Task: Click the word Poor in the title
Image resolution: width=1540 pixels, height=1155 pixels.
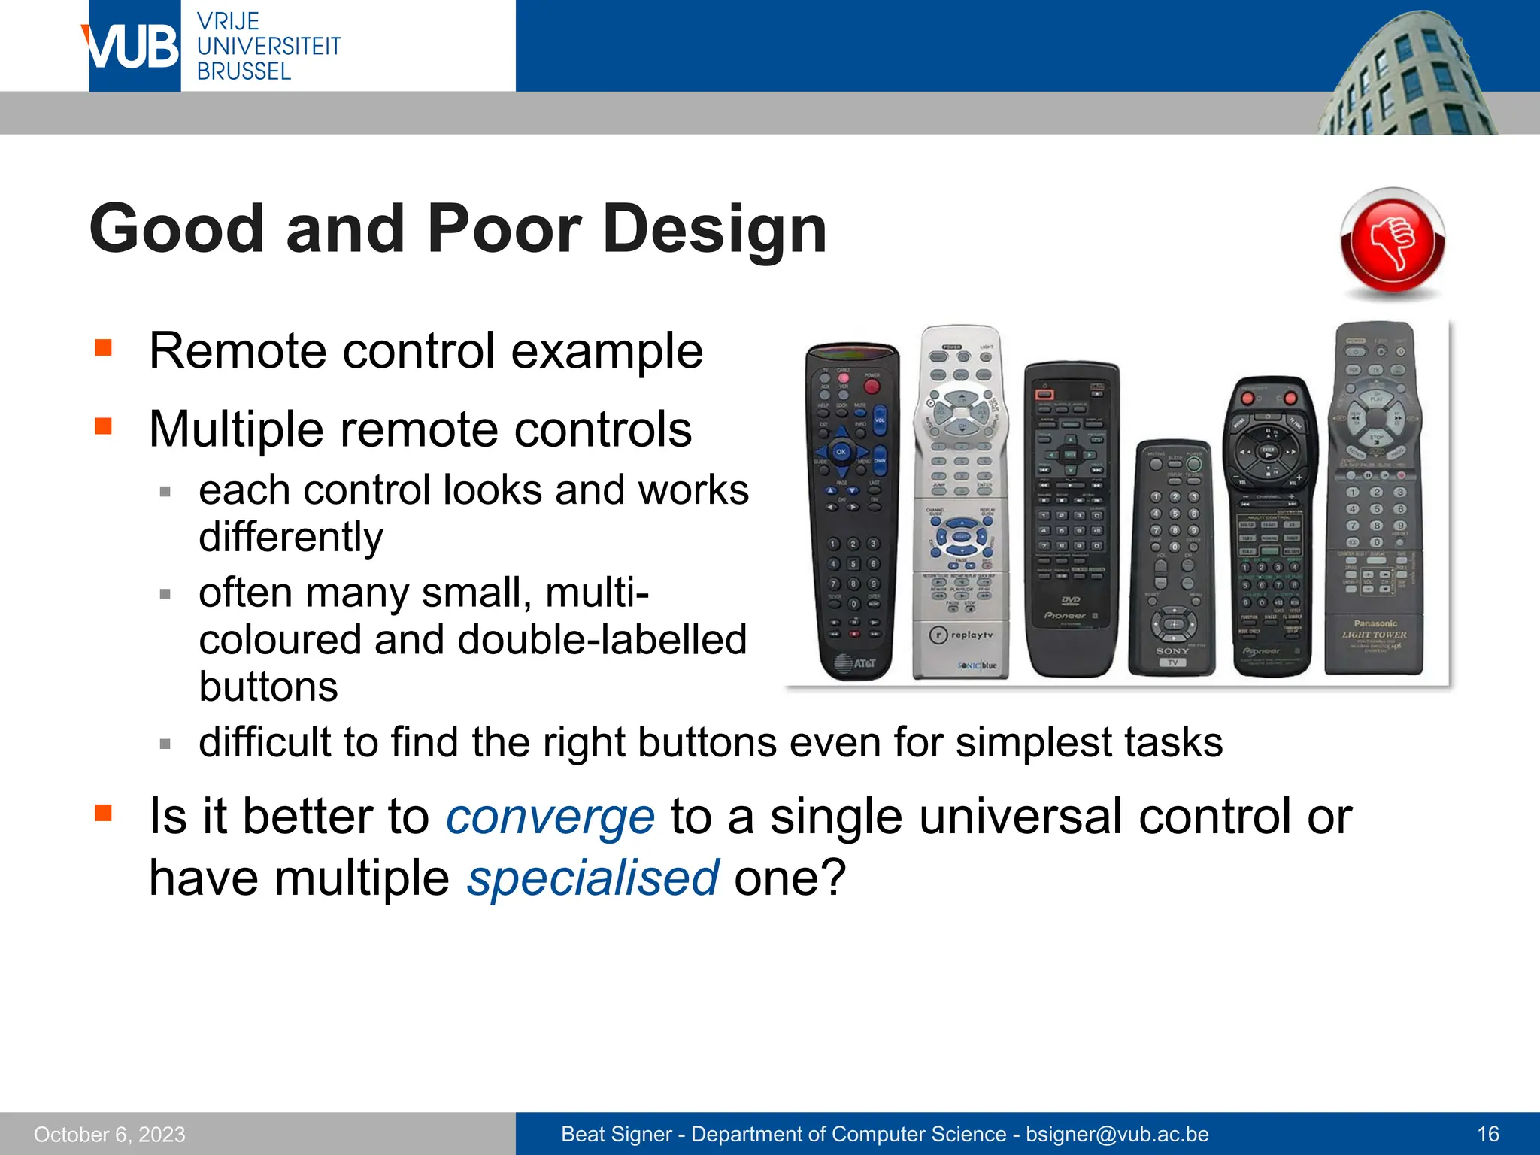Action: (505, 229)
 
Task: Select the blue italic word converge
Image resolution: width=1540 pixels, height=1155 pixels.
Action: (550, 817)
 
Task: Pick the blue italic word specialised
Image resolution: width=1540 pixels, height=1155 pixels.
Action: (593, 878)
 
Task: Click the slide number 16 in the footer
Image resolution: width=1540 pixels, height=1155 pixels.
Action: (1487, 1134)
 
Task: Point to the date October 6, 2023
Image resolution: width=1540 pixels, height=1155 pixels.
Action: (110, 1134)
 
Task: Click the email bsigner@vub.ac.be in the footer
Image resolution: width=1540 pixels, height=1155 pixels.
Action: (1117, 1134)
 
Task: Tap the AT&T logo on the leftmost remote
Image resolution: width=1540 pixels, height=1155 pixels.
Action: (856, 663)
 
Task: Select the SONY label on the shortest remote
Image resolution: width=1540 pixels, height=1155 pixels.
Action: (1172, 650)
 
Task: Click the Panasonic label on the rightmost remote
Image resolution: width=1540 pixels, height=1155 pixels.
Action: (1375, 623)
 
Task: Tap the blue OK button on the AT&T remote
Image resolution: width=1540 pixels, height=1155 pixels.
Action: (841, 452)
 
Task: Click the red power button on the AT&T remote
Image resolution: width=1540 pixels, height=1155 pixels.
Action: (872, 387)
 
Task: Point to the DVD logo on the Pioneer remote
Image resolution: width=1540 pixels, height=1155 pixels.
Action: (1071, 600)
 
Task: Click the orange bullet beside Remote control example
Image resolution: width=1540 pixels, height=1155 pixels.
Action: (103, 347)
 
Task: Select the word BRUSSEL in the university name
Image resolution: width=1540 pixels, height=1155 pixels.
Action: (244, 71)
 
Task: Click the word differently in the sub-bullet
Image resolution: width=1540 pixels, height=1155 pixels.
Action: (291, 537)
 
